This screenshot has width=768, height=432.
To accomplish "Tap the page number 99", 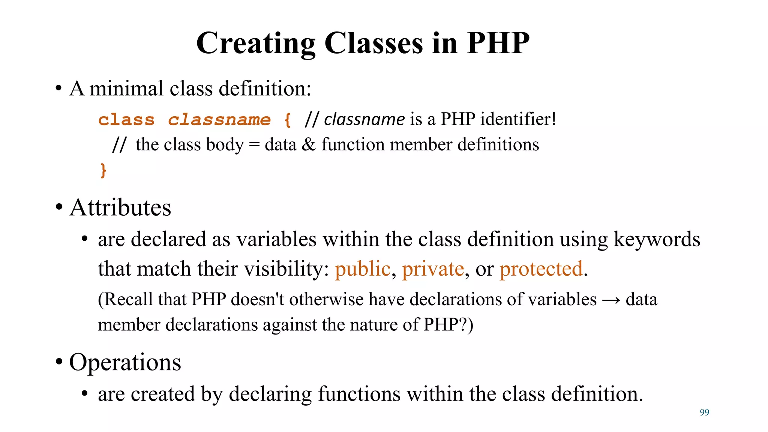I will (704, 412).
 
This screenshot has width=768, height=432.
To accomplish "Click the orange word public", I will (362, 269).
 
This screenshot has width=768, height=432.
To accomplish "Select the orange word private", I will (433, 269).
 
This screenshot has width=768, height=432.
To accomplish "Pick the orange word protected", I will (541, 269).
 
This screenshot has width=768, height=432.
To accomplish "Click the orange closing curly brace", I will (103, 170).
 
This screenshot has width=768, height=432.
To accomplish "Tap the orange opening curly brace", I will (287, 120).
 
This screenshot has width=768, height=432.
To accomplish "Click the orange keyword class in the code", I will (126, 120).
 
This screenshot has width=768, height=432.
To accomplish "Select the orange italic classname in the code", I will (219, 120).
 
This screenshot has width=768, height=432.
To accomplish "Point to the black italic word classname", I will (364, 120).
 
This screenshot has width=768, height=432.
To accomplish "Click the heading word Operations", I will (125, 362).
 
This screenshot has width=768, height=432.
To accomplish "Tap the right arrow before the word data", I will (611, 300).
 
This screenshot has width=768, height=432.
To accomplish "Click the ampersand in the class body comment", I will (309, 145).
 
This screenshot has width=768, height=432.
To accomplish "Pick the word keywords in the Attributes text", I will (657, 239).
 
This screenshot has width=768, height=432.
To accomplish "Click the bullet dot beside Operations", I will (59, 362).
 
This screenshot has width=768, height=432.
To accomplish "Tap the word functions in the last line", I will (359, 394).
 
